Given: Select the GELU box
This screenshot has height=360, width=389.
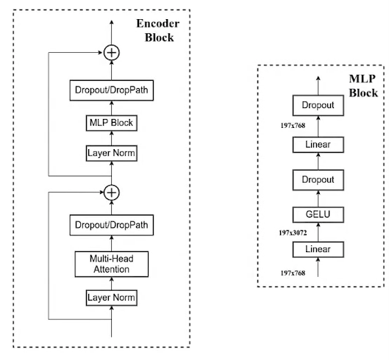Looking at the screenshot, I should point(318,215).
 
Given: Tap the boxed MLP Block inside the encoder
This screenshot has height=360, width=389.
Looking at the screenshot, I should point(112,123).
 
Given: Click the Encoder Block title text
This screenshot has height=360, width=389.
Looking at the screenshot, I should point(157,29).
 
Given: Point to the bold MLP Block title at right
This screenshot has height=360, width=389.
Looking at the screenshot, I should point(361,85).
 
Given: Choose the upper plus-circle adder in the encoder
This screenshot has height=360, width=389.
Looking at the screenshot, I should point(112,52).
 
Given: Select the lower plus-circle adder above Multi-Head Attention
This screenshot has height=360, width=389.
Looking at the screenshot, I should point(112,192).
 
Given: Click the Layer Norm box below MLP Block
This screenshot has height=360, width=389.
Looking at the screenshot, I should point(112,154).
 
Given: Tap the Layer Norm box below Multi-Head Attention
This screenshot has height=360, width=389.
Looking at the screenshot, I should point(112,298).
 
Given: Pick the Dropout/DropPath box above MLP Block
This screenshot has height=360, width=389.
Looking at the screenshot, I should point(112,90).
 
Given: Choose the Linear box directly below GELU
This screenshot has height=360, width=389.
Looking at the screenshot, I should point(318,250).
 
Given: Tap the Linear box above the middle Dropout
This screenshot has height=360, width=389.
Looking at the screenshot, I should point(318,143).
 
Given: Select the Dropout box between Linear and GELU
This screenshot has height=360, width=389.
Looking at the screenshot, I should point(318,179).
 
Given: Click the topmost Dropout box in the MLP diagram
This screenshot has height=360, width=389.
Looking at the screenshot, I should point(318,106).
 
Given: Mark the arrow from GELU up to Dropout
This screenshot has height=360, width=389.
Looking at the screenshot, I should point(318,197).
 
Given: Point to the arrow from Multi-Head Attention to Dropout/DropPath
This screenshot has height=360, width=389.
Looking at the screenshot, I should point(112,243).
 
